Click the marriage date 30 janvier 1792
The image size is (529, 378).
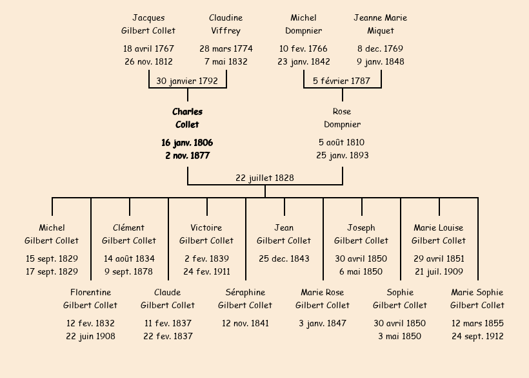pyautogui.click(x=187, y=81)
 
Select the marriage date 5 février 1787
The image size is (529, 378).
pyautogui.click(x=342, y=81)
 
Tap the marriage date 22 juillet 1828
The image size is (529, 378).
pyautogui.click(x=264, y=178)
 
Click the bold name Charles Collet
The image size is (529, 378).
pyautogui.click(x=187, y=118)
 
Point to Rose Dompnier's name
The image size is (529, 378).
pyautogui.click(x=342, y=118)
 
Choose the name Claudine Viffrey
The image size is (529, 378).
pyautogui.click(x=226, y=24)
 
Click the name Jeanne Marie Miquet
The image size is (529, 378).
pyautogui.click(x=381, y=24)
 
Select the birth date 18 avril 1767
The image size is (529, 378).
pyautogui.click(x=148, y=48)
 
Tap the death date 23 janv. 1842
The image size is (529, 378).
pyautogui.click(x=304, y=62)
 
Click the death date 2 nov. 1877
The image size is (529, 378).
pyautogui.click(x=187, y=156)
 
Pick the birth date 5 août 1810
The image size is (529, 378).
pyautogui.click(x=342, y=142)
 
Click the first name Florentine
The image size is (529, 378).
pyautogui.click(x=90, y=293)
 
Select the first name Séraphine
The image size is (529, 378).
pyautogui.click(x=245, y=293)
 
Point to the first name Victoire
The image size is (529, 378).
pyautogui.click(x=206, y=228)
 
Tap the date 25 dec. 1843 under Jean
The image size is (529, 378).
pyautogui.click(x=284, y=258)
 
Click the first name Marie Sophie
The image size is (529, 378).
pyautogui.click(x=477, y=293)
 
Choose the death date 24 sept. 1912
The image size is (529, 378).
pyautogui.click(x=477, y=336)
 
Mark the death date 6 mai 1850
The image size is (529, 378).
pyautogui.click(x=361, y=271)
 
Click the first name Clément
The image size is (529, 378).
pyautogui.click(x=129, y=228)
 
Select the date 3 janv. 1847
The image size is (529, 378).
pyautogui.click(x=323, y=323)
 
